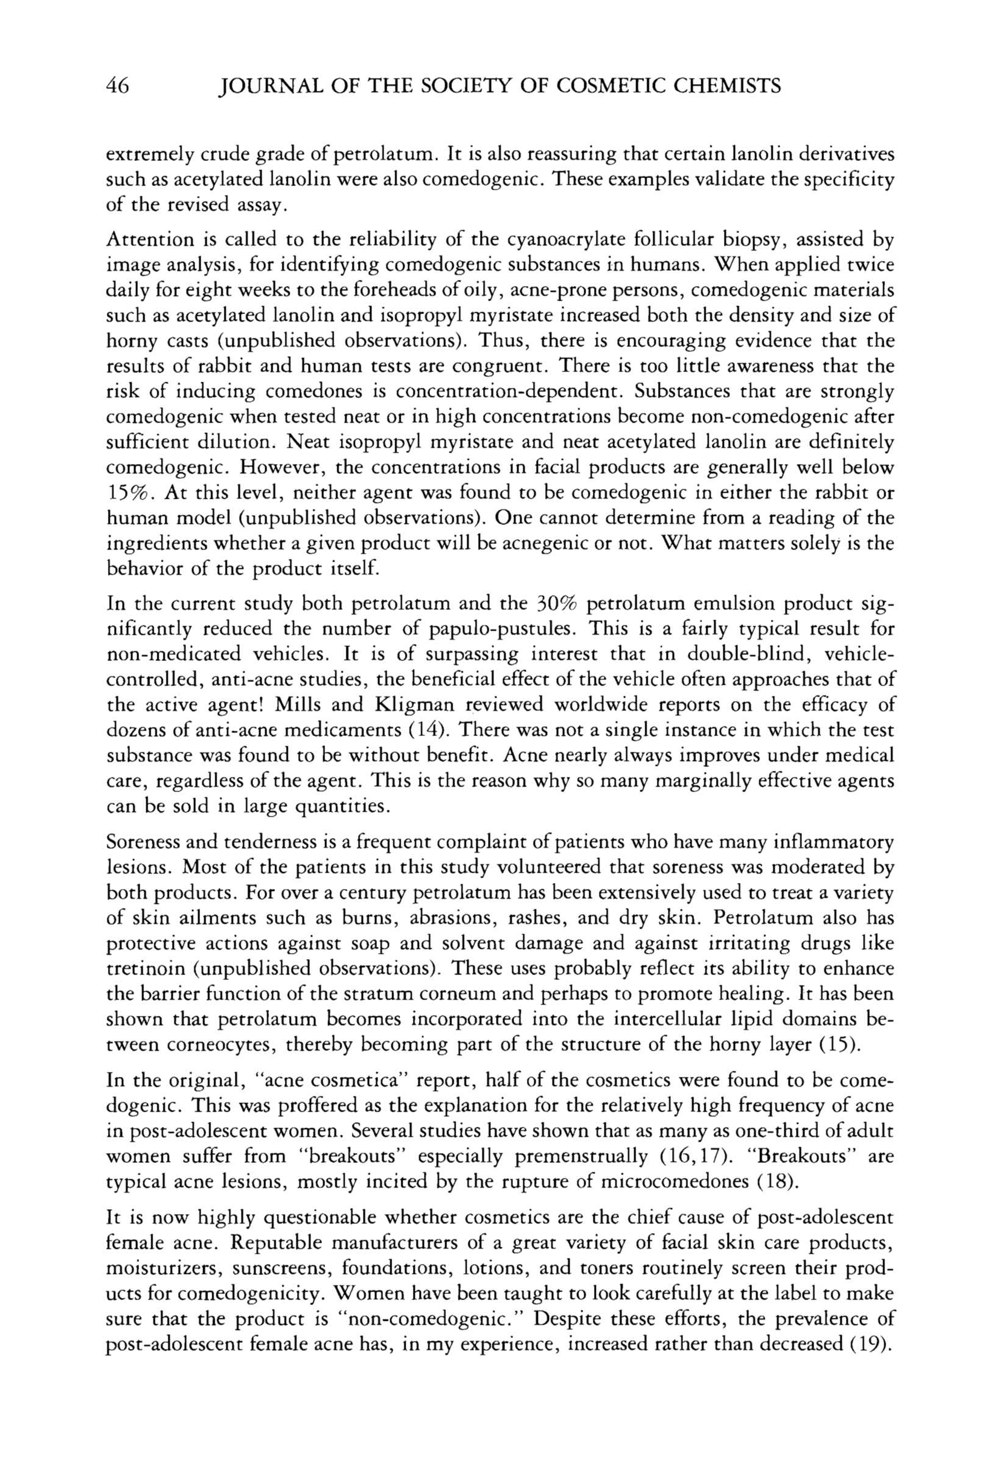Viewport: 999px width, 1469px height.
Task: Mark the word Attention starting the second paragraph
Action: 149,240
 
